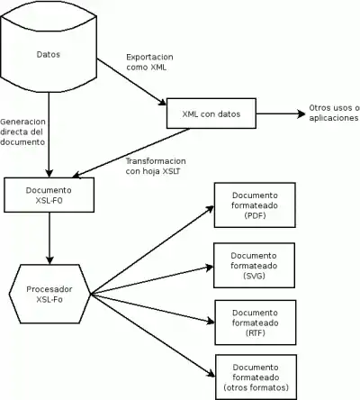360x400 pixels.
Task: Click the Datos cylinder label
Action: [49, 54]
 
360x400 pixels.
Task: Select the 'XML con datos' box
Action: [211, 114]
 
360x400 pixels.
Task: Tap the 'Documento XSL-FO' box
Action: [49, 195]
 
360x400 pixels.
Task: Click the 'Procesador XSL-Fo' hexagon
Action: [49, 294]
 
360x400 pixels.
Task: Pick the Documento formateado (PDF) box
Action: [255, 205]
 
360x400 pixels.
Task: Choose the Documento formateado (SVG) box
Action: [254, 266]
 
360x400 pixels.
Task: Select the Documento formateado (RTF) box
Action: [256, 323]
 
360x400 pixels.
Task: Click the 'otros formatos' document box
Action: [256, 377]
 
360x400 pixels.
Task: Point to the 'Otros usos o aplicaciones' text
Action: [334, 113]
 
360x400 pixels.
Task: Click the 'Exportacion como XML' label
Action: [149, 62]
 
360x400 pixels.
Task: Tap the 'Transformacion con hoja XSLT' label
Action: [156, 166]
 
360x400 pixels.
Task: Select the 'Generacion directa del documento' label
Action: [22, 132]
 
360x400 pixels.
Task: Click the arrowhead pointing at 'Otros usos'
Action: [301, 114]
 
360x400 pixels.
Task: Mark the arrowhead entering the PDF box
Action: [210, 208]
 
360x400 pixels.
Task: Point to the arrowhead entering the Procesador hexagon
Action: [49, 260]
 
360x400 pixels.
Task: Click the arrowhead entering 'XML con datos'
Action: [162, 102]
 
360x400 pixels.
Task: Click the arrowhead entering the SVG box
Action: [210, 267]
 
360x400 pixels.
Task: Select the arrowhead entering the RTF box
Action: [211, 322]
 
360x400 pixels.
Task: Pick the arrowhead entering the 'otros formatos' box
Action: [211, 374]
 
